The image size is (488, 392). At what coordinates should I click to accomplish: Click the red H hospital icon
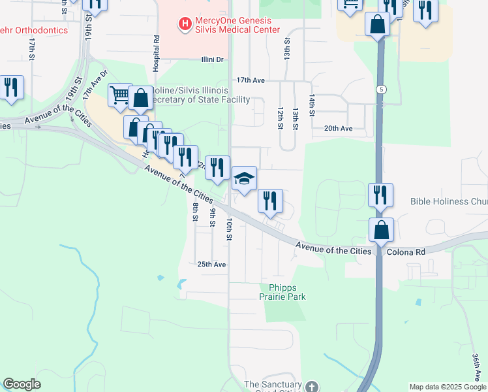click(185, 24)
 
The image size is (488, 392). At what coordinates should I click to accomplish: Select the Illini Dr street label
click(211, 59)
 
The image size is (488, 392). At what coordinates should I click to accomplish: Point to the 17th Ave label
click(251, 80)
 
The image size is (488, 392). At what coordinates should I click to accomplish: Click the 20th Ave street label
click(338, 129)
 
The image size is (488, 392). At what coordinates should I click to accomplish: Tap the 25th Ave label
click(211, 265)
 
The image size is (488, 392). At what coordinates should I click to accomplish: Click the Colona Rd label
click(406, 251)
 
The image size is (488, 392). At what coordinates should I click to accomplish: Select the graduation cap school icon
click(244, 179)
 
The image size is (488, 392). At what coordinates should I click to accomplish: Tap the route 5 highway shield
click(379, 88)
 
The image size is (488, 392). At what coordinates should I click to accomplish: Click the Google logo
click(22, 384)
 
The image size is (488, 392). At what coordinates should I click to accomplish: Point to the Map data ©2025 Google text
click(447, 387)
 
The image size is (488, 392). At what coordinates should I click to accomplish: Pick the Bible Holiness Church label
click(449, 202)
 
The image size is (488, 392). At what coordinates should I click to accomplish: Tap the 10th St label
click(229, 229)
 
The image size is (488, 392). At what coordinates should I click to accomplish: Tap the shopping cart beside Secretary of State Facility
click(120, 95)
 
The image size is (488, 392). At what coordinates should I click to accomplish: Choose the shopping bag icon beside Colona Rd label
click(382, 231)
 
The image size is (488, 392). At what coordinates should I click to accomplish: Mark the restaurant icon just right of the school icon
click(270, 201)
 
